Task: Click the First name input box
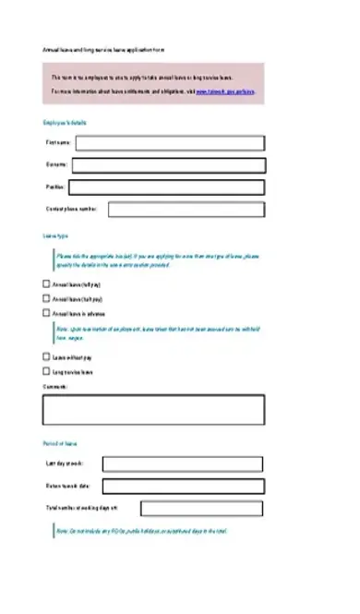(170, 143)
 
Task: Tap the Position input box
(166, 187)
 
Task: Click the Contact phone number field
(187, 210)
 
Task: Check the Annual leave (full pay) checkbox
(47, 285)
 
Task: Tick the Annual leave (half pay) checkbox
(47, 299)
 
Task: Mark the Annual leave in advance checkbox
(47, 313)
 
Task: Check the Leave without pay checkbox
(47, 356)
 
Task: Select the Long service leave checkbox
(47, 371)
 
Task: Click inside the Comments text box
(153, 409)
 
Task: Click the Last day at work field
(183, 464)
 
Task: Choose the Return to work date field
(183, 486)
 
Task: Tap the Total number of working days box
(204, 509)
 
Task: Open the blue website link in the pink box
(225, 92)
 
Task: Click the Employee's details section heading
(65, 123)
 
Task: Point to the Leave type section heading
(55, 236)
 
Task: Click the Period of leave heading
(60, 443)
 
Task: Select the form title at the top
(103, 48)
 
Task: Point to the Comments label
(54, 386)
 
